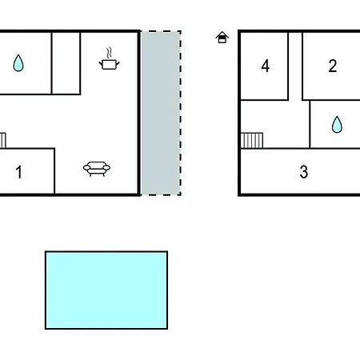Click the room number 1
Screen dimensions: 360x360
[18, 172]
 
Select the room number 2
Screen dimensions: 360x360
[333, 66]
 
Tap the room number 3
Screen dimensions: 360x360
[304, 172]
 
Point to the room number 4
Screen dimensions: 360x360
[265, 66]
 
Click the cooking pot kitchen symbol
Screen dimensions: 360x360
[109, 65]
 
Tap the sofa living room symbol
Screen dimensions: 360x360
[97, 169]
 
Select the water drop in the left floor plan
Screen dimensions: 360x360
[18, 63]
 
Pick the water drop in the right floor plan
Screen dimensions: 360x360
[337, 124]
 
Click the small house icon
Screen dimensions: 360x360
[222, 38]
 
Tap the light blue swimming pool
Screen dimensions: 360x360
[106, 290]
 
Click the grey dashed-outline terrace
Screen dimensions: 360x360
[161, 113]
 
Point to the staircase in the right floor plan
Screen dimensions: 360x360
[252, 140]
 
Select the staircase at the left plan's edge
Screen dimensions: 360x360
[2, 140]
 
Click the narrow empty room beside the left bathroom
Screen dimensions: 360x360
[66, 63]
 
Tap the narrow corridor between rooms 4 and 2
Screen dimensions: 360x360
[295, 66]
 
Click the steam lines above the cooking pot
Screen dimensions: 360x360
[109, 53]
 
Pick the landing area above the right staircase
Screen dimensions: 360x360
[275, 117]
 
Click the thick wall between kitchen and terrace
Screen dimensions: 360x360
[139, 113]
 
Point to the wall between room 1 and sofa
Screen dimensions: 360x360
[54, 171]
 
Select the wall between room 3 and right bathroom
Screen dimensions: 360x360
[335, 148]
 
